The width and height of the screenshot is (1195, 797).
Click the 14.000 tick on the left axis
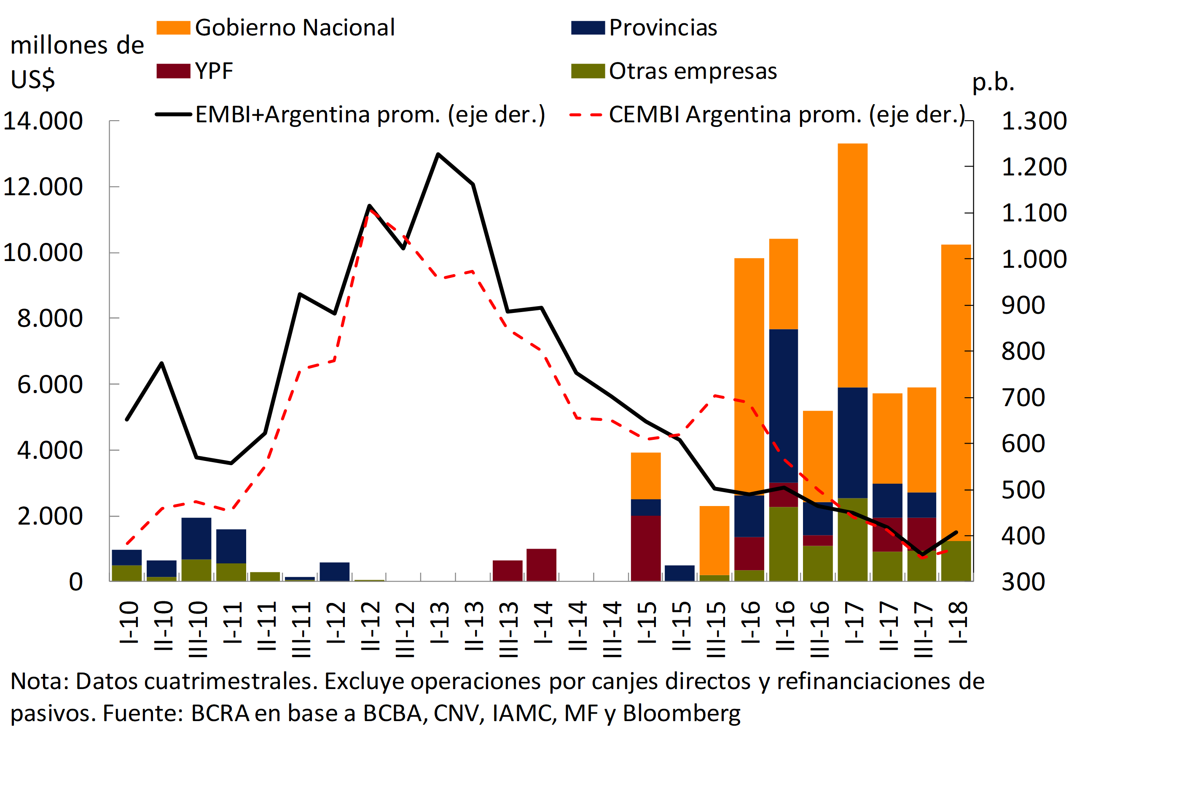click(x=43, y=121)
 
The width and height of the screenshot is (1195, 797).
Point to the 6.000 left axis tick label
click(x=50, y=384)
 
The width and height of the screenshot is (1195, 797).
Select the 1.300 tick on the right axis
click(x=1034, y=121)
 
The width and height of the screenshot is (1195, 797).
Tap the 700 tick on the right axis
click(x=1023, y=398)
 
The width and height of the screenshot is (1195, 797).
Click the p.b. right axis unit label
click(x=993, y=82)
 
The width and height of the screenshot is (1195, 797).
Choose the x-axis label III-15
click(x=715, y=629)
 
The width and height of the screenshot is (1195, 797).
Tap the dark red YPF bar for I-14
click(x=541, y=565)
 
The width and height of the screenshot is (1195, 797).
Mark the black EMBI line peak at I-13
click(x=438, y=154)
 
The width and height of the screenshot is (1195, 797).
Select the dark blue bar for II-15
click(x=679, y=573)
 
